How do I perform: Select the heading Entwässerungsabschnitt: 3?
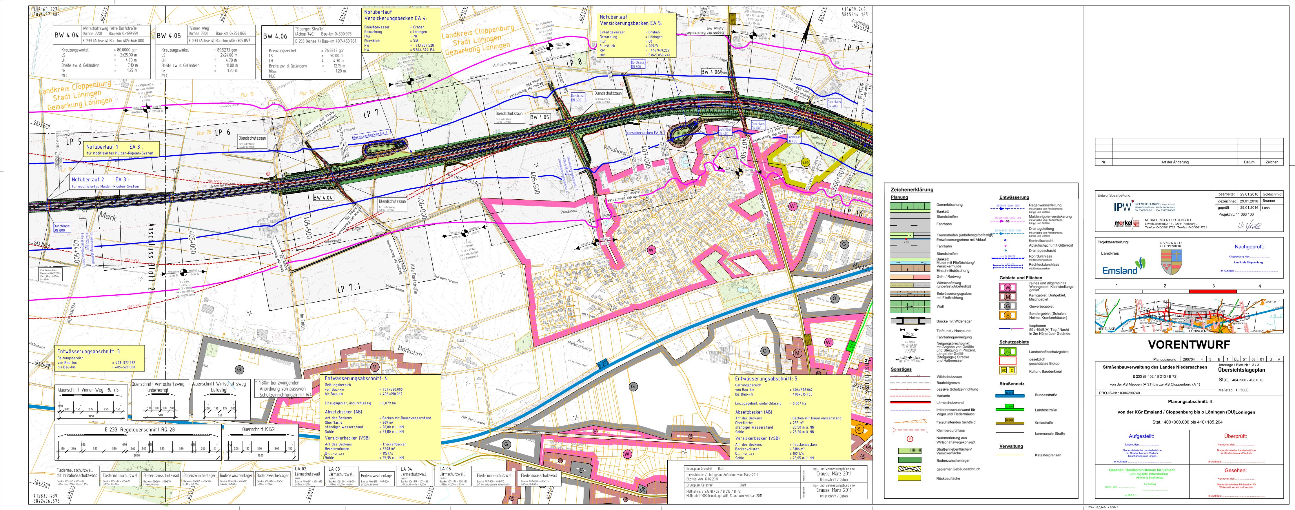pyautogui.click(x=88, y=351)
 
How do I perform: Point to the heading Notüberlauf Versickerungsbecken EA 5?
pyautogui.click(x=631, y=20)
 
